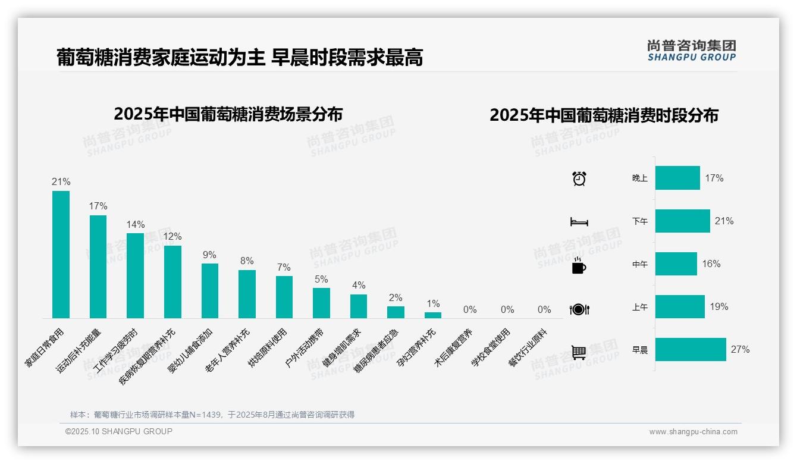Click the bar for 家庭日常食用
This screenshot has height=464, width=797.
[61, 255]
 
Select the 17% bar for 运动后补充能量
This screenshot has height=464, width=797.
[98, 267]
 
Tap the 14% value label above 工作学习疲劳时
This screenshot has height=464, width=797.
[136, 225]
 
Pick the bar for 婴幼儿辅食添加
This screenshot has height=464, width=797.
[210, 291]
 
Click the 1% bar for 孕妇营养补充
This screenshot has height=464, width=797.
[433, 315]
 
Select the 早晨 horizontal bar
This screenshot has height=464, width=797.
[691, 350]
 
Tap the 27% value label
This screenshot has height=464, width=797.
[740, 350]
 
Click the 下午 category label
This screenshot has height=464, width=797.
[640, 221]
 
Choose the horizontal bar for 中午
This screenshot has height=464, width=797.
[676, 264]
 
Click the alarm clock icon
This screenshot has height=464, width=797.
[579, 178]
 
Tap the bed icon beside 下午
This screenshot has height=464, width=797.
[579, 222]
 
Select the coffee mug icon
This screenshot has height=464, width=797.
[579, 265]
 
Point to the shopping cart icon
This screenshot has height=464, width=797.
[579, 352]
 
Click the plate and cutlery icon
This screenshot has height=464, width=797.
[579, 309]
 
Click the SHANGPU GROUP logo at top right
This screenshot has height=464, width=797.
[692, 51]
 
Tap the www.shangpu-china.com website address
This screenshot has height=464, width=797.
[693, 432]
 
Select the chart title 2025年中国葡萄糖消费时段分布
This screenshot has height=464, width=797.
[604, 115]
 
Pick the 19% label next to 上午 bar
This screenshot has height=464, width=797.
[718, 307]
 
